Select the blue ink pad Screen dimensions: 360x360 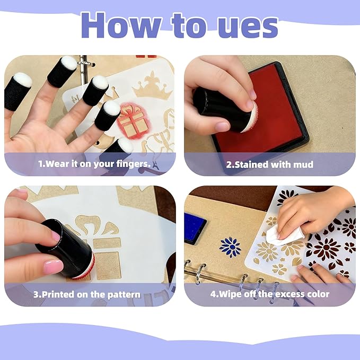[195, 228]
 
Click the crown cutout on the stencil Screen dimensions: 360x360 [152, 86]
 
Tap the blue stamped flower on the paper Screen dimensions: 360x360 [230, 247]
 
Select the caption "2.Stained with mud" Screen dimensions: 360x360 [269, 164]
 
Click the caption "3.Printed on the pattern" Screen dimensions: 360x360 [87, 295]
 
